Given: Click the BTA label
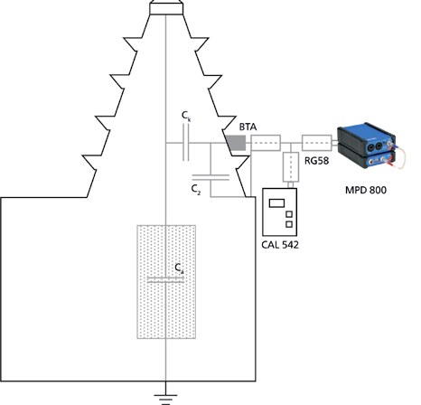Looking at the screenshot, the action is [x=248, y=127].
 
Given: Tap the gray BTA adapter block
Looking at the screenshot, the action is [x=236, y=143].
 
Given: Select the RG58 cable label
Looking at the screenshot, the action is [x=316, y=161].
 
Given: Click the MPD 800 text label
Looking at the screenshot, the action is [x=366, y=190].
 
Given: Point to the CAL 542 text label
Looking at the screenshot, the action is [x=280, y=245].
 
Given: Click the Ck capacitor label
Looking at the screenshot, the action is [x=186, y=116].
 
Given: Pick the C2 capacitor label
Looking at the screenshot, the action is [x=196, y=190].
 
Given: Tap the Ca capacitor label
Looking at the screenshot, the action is [x=179, y=268].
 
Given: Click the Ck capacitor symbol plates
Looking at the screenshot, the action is [x=186, y=143].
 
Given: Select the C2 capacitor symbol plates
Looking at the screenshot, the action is [x=210, y=177].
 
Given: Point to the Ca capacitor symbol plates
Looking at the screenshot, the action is [x=165, y=280].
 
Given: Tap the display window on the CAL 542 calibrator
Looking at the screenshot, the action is [x=276, y=203].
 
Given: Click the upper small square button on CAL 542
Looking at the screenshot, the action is [x=289, y=214].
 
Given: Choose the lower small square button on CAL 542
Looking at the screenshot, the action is [x=289, y=224].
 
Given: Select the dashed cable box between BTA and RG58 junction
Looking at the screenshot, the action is [x=266, y=143].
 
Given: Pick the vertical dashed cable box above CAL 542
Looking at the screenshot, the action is [x=291, y=167].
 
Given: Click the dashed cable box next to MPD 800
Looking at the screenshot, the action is [x=316, y=143].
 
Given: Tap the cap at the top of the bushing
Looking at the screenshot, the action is [x=166, y=8].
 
